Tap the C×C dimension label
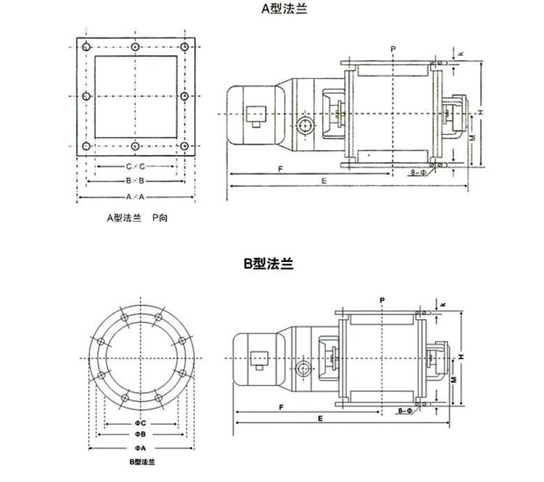coord(134,166)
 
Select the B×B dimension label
coord(134,181)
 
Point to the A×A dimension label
coord(134,198)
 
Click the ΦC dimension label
coord(140,423)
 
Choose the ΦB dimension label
coord(140,434)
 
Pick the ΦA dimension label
coord(140,446)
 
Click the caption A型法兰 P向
coord(137,218)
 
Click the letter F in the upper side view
coord(280,169)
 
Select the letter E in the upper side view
coord(324,180)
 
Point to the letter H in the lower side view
coord(461,357)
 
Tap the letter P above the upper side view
coord(394,48)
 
